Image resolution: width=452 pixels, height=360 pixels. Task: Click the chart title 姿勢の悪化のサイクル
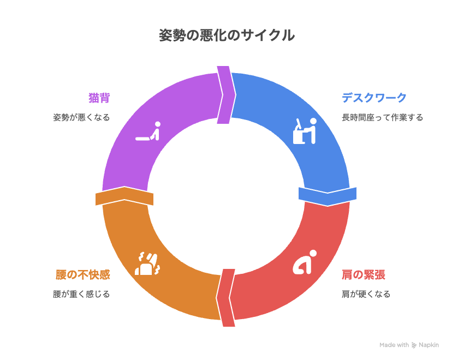[x=227, y=35]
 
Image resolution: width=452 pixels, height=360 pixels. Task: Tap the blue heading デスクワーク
[x=374, y=98]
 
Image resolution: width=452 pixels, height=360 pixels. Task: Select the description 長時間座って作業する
[x=382, y=117]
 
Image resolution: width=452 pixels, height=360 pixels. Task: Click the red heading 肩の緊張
[x=363, y=275]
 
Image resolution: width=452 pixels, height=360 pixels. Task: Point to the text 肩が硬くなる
[x=366, y=294]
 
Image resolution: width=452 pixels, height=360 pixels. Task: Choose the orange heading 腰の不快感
[x=83, y=275]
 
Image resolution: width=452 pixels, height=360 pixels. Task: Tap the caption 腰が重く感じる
[x=81, y=294]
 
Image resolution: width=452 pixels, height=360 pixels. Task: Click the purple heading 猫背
[x=99, y=98]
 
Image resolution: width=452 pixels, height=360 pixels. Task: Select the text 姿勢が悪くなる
[x=81, y=117]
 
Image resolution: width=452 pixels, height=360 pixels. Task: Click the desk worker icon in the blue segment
[x=305, y=131]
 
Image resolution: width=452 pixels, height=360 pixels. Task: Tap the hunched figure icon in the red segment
[x=305, y=262]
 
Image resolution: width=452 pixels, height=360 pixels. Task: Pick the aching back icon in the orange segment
[x=147, y=263]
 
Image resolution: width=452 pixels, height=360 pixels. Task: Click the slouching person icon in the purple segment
[x=148, y=131]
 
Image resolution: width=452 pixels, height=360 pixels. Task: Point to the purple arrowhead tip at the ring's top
[x=236, y=95]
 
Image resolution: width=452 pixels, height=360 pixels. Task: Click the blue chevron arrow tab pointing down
[x=328, y=196]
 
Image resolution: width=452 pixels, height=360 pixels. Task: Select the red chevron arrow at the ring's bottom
[x=225, y=298]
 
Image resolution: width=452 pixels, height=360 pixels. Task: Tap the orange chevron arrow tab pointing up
[x=124, y=196]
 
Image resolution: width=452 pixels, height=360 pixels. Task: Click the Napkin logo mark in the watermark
[x=414, y=345]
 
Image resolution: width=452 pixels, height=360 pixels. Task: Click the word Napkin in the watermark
[x=429, y=345]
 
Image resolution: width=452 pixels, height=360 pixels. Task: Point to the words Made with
[x=394, y=345]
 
